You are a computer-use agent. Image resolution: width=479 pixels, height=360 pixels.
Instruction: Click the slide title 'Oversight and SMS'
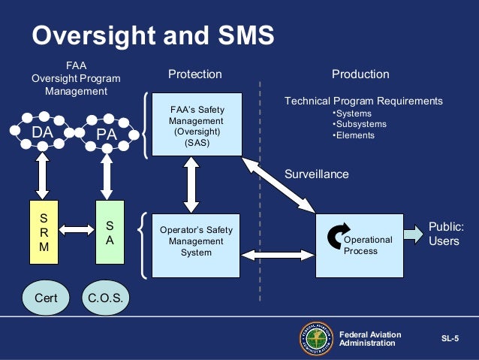[152, 35]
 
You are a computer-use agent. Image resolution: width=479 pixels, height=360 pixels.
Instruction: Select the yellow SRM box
[43, 232]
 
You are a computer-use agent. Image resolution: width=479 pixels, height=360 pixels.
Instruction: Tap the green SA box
[109, 232]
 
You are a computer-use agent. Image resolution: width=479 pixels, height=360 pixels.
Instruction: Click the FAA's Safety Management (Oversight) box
[197, 124]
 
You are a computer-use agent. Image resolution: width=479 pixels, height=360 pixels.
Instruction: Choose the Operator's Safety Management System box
[197, 242]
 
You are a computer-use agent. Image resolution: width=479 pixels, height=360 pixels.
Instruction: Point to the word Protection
[194, 74]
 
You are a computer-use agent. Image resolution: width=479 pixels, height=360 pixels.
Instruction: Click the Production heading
[360, 74]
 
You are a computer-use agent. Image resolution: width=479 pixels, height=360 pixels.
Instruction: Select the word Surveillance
[316, 174]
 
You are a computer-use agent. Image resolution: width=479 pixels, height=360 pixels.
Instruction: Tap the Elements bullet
[354, 135]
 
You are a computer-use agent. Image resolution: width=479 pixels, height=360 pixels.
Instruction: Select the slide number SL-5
[450, 339]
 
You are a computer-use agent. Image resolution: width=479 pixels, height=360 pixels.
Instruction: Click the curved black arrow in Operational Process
[336, 234]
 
